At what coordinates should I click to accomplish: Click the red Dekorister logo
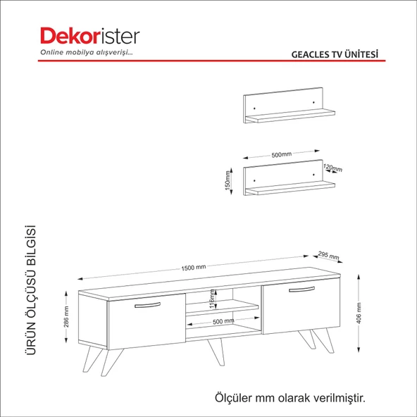[x=90, y=36]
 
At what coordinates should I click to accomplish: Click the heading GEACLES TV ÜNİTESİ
[x=335, y=54]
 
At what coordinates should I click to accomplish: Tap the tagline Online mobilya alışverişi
[x=86, y=52]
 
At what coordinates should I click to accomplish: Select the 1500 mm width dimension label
[x=193, y=268]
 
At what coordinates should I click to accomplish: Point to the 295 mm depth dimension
[x=328, y=255]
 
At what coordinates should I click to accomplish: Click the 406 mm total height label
[x=359, y=313]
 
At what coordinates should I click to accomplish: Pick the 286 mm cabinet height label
[x=66, y=317]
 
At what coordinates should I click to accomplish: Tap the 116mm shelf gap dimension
[x=212, y=299]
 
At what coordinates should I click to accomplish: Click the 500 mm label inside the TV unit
[x=223, y=321]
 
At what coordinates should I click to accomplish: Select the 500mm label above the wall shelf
[x=281, y=154]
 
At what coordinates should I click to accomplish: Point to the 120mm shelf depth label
[x=332, y=168]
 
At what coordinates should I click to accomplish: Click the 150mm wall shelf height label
[x=228, y=180]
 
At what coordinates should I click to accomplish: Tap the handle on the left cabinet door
[x=147, y=305]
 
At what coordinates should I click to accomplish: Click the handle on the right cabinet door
[x=301, y=290]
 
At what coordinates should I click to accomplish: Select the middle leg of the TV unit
[x=217, y=351]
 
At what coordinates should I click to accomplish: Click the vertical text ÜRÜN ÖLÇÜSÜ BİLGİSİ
[x=31, y=290]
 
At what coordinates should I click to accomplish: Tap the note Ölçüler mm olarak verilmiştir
[x=290, y=398]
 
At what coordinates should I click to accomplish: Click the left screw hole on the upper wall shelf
[x=254, y=108]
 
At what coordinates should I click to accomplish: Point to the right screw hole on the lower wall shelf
[x=313, y=175]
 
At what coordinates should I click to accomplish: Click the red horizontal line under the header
[x=212, y=61]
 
